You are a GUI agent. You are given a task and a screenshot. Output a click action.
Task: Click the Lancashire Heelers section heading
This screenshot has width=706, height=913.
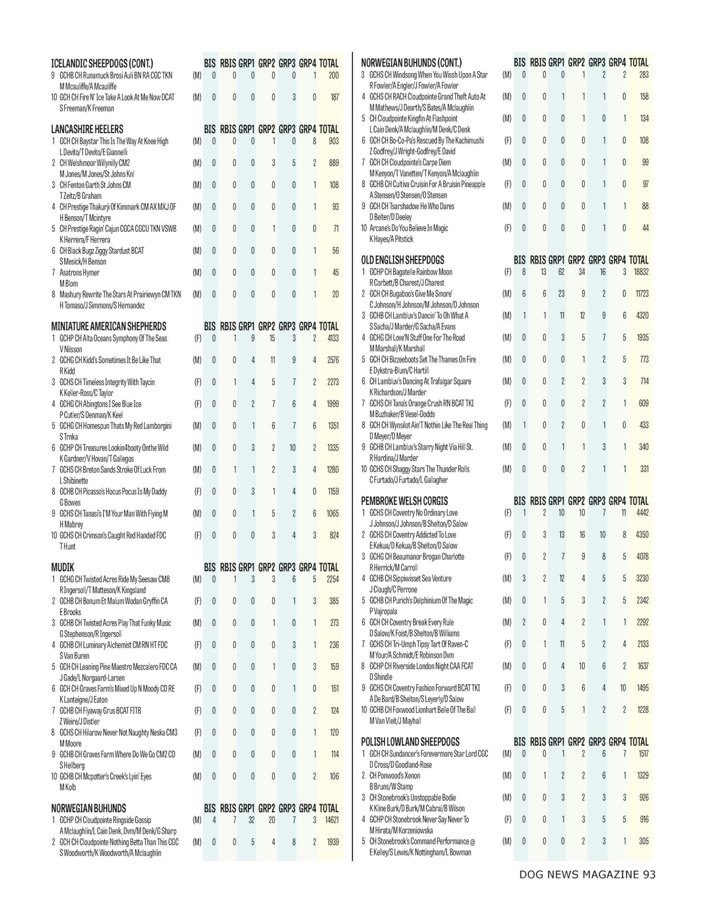point(87,129)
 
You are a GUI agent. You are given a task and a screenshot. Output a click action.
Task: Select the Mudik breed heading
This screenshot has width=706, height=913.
point(63,567)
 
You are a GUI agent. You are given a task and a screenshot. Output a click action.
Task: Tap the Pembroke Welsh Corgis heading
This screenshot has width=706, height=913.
point(404,501)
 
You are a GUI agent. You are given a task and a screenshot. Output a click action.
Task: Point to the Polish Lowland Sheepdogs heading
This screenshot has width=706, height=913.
point(410,742)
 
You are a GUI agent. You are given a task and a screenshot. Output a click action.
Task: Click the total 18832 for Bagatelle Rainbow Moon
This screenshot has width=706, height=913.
point(641,272)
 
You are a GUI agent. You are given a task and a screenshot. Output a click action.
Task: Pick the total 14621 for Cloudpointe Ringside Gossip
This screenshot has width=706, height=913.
point(331,820)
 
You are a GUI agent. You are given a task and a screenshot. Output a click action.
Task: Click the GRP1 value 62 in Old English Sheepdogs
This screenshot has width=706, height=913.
point(561,272)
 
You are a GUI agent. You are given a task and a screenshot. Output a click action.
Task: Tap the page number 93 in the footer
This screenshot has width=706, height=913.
point(650,874)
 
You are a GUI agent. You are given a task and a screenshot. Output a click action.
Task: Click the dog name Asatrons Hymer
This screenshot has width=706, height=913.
point(79,273)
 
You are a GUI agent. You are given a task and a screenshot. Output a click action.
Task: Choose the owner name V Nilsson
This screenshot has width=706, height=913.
point(71,349)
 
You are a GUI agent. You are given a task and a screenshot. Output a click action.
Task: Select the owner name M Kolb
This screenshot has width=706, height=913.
point(68,787)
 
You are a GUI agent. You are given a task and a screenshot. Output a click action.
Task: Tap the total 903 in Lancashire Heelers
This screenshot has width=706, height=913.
point(333,141)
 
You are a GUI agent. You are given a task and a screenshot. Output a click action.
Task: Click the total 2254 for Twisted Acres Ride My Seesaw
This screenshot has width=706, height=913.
point(333,579)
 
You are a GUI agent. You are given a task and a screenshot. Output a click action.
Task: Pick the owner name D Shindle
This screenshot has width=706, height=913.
point(380,676)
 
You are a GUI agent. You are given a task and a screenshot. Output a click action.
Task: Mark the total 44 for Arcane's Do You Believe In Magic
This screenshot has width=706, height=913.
point(645,228)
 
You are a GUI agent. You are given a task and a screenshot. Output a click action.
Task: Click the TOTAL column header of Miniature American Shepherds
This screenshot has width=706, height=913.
point(328,326)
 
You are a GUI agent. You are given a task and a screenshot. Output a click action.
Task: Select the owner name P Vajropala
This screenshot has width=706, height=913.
point(383,611)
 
